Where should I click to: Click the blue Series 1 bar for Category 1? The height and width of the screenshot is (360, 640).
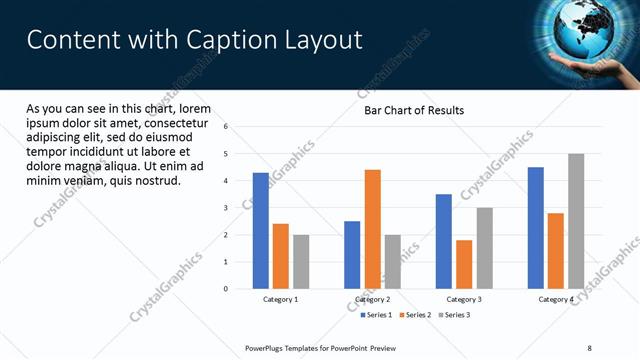[x=260, y=231]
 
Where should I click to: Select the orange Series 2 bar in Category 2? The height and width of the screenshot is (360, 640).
[x=372, y=229]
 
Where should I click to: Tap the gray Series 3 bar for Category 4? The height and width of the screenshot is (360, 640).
[x=575, y=221]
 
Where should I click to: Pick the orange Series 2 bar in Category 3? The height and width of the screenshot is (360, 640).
[x=464, y=264]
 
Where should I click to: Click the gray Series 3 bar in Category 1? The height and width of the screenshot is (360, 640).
[x=301, y=262]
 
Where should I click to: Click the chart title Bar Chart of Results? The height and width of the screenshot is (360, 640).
[x=413, y=110]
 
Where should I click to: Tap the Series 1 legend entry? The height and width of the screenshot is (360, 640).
[x=376, y=315]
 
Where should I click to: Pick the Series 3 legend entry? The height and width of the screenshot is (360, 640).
[x=456, y=315]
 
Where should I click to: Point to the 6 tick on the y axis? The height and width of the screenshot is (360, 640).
[x=226, y=127]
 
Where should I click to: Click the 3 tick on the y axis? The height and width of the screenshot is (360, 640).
[x=226, y=208]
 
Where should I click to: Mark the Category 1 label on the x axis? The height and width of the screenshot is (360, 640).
[x=281, y=299]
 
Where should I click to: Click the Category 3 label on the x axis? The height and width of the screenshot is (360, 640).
[x=464, y=299]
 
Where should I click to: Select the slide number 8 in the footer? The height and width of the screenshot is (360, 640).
[x=590, y=348]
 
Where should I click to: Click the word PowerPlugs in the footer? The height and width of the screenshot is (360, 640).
[x=267, y=348]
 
